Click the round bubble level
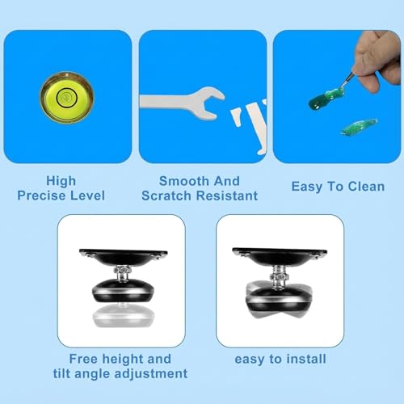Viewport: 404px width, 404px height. (x=66, y=98)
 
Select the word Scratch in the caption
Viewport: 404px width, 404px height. (x=166, y=196)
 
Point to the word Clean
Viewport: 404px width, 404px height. (x=366, y=187)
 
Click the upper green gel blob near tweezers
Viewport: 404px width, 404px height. (x=326, y=99)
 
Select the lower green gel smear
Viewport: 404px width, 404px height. (x=359, y=127)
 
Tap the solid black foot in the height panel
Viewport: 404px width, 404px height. (x=123, y=291)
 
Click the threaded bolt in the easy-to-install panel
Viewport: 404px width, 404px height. (x=278, y=276)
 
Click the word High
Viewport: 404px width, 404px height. (x=61, y=182)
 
